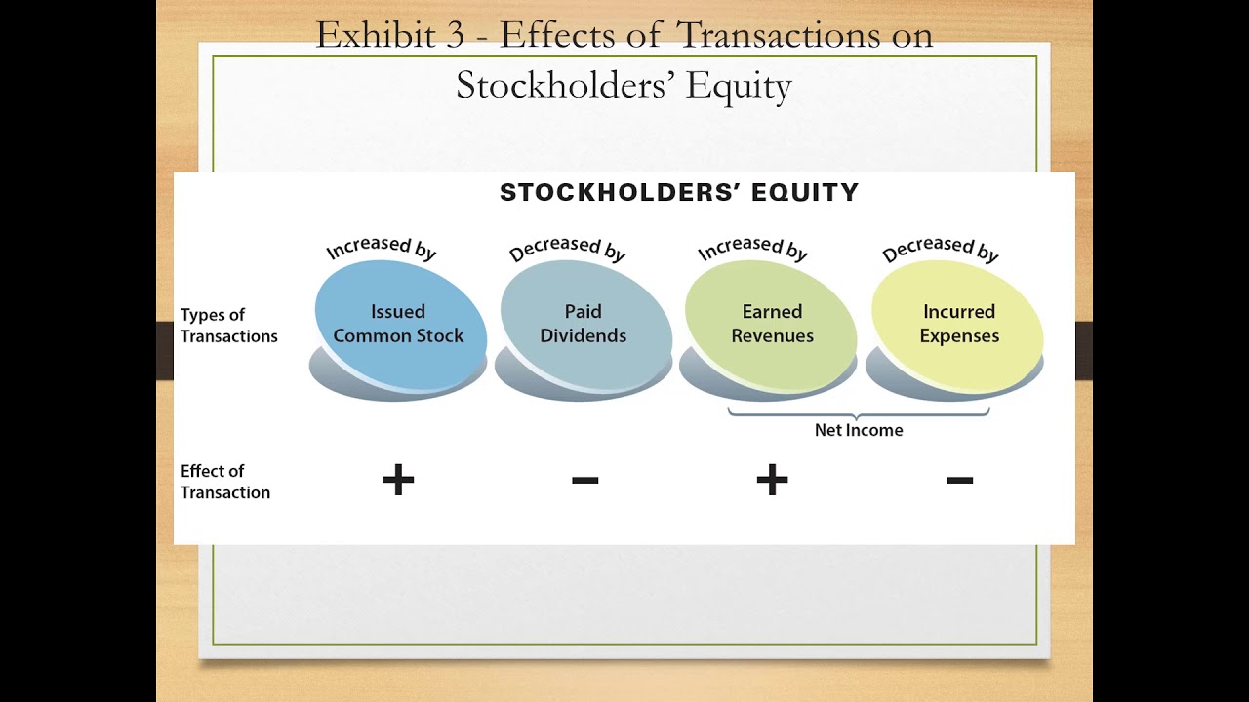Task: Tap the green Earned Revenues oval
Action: (x=772, y=323)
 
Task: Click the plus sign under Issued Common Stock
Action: (x=398, y=480)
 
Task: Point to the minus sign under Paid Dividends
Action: (x=584, y=480)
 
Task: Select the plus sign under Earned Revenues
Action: (x=772, y=480)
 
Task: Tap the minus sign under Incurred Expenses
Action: (x=959, y=480)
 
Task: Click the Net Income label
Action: (x=859, y=430)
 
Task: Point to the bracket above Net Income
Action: (x=859, y=413)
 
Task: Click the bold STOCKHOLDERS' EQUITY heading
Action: (x=679, y=193)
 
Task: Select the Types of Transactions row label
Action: (x=228, y=326)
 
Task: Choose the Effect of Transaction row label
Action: (x=224, y=482)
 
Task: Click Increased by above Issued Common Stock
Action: (x=381, y=248)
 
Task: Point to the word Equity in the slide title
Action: (x=738, y=86)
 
